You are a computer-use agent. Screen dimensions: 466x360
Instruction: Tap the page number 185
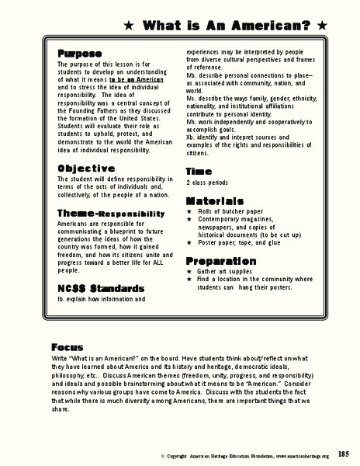(343, 454)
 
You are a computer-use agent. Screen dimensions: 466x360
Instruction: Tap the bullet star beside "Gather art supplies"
(190, 273)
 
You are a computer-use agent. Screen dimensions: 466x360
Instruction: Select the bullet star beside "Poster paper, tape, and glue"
(190, 242)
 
